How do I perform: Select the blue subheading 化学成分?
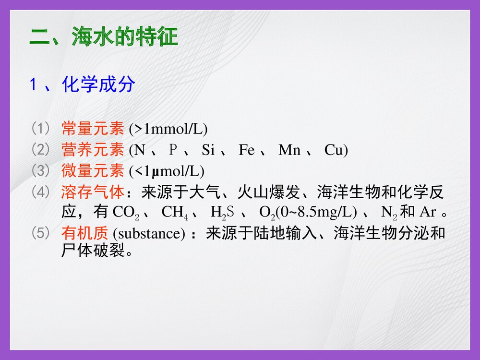98,85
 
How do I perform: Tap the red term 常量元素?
93,129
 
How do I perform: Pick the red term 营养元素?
93,150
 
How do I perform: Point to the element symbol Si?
208,151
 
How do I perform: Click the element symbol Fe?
247,151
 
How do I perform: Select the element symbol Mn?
289,151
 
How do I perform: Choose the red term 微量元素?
93,171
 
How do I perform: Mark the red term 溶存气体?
93,193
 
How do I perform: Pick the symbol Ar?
428,212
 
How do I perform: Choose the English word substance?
149,234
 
